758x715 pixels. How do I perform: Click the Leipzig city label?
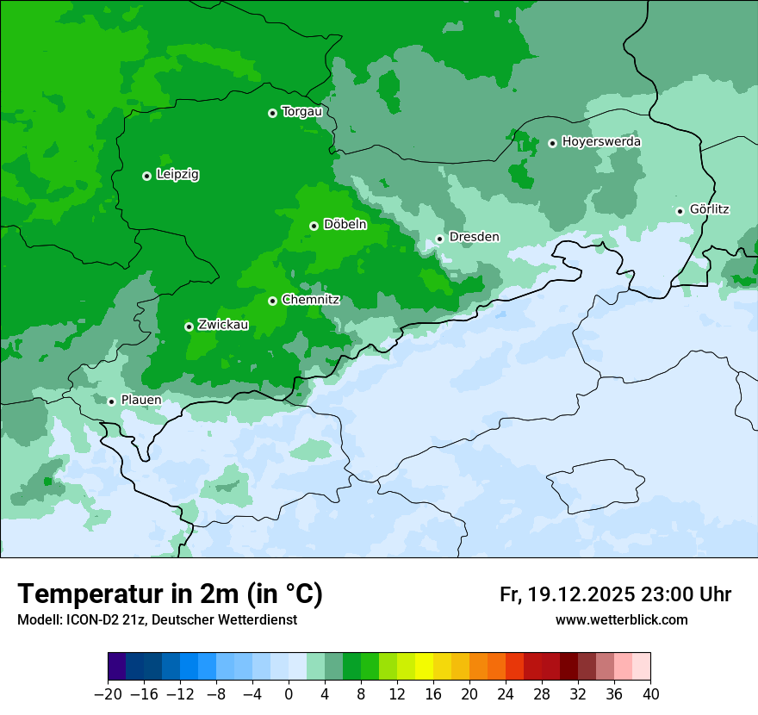click(177, 175)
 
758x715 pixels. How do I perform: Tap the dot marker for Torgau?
click(272, 113)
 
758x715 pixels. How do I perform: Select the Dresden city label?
click(474, 237)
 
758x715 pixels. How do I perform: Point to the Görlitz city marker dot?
click(680, 211)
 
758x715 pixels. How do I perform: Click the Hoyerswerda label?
click(601, 142)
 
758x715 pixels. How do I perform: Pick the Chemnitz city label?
click(310, 301)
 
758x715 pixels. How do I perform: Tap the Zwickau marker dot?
click(189, 326)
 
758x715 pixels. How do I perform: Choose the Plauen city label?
click(140, 401)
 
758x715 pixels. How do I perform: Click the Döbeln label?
click(345, 225)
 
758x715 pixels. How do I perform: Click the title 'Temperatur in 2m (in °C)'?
click(170, 594)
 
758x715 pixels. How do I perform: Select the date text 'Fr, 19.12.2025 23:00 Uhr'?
click(615, 594)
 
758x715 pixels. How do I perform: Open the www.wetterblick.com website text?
click(621, 620)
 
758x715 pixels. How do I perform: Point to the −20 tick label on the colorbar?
click(108, 694)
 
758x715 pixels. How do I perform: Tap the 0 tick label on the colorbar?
click(289, 694)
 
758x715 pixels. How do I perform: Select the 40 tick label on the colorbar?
click(650, 694)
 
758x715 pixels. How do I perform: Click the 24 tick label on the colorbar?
click(506, 694)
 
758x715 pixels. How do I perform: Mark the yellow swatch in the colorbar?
click(424, 667)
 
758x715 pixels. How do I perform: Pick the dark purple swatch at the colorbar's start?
click(117, 667)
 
